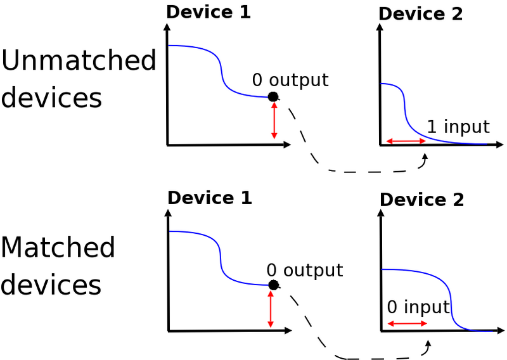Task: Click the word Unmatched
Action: point(79,61)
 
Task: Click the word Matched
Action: point(58,247)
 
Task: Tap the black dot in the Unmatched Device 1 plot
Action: point(273,96)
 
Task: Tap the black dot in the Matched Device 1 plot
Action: point(273,285)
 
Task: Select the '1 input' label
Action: point(458,127)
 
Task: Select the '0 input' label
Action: point(418,308)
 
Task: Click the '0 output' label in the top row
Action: point(290,80)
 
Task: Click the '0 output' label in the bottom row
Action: point(304,271)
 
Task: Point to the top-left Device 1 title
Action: point(209,11)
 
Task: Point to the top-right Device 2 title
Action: point(421,14)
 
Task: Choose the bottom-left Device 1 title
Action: point(210,198)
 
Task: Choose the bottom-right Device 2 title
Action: point(422,200)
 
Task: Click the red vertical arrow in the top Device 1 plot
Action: point(274,120)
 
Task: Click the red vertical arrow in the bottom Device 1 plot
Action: point(271,309)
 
